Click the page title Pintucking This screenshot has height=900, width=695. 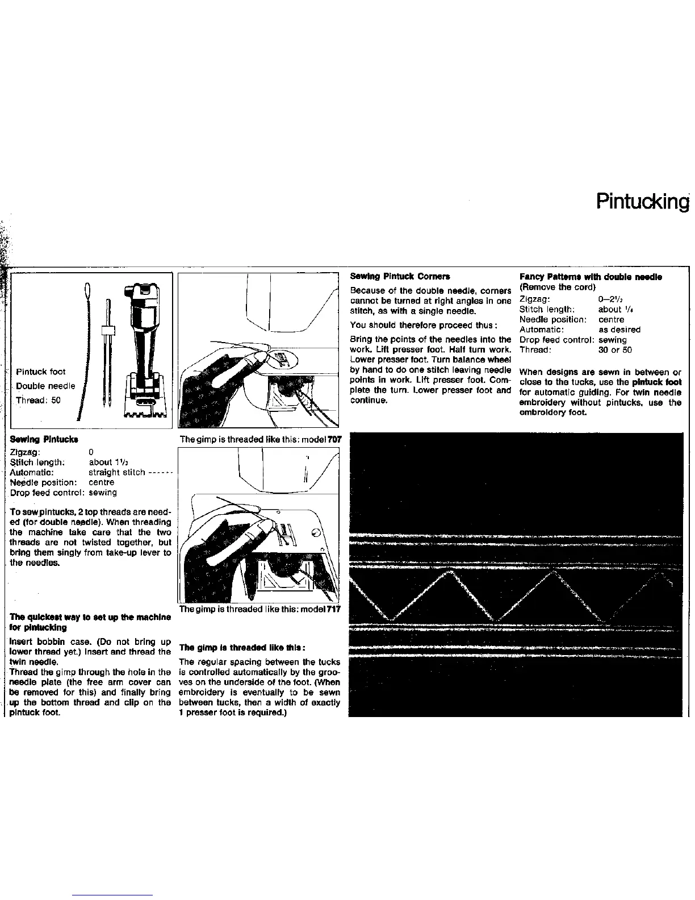(642, 201)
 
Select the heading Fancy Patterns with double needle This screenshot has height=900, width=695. (591, 277)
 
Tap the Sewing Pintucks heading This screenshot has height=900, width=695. (44, 439)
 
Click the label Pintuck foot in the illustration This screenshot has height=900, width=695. (40, 372)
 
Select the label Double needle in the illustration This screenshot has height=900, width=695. (45, 386)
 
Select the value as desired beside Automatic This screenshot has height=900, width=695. (619, 330)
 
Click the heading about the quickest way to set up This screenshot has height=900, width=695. (90, 622)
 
